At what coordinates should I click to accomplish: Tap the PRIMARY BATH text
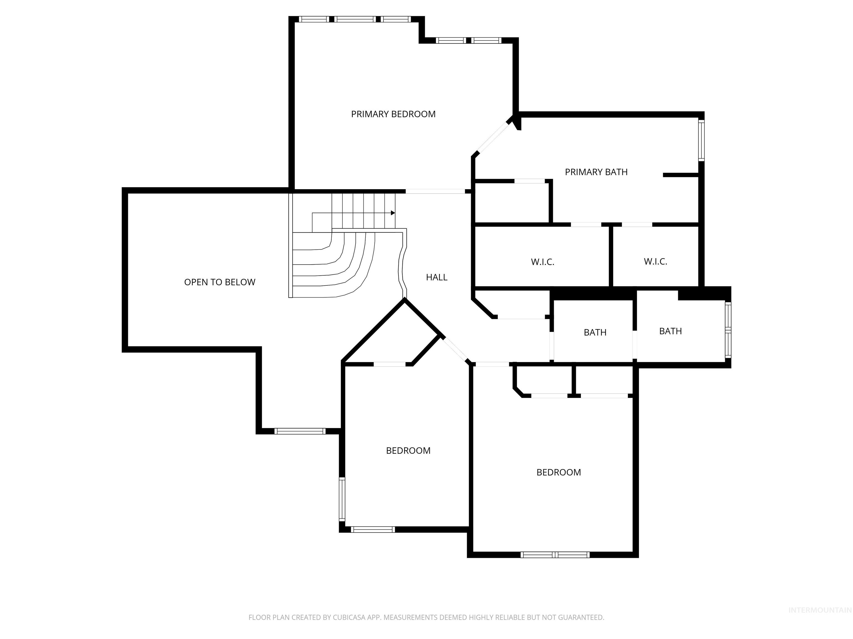pyautogui.click(x=596, y=172)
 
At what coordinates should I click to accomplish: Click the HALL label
pyautogui.click(x=436, y=277)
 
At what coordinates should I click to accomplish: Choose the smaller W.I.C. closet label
pyautogui.click(x=655, y=262)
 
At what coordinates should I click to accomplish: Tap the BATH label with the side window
pyautogui.click(x=670, y=331)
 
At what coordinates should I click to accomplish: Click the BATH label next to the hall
pyautogui.click(x=595, y=333)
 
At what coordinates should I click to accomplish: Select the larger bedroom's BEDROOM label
pyautogui.click(x=558, y=473)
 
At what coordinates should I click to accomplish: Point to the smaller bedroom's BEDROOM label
pyautogui.click(x=408, y=451)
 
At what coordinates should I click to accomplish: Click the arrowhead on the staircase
pyautogui.click(x=393, y=213)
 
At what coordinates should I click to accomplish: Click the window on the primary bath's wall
pyautogui.click(x=701, y=141)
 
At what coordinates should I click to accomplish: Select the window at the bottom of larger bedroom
pyautogui.click(x=555, y=555)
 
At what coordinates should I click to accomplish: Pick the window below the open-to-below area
pyautogui.click(x=300, y=431)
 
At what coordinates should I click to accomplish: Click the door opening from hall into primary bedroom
pyautogui.click(x=435, y=191)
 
